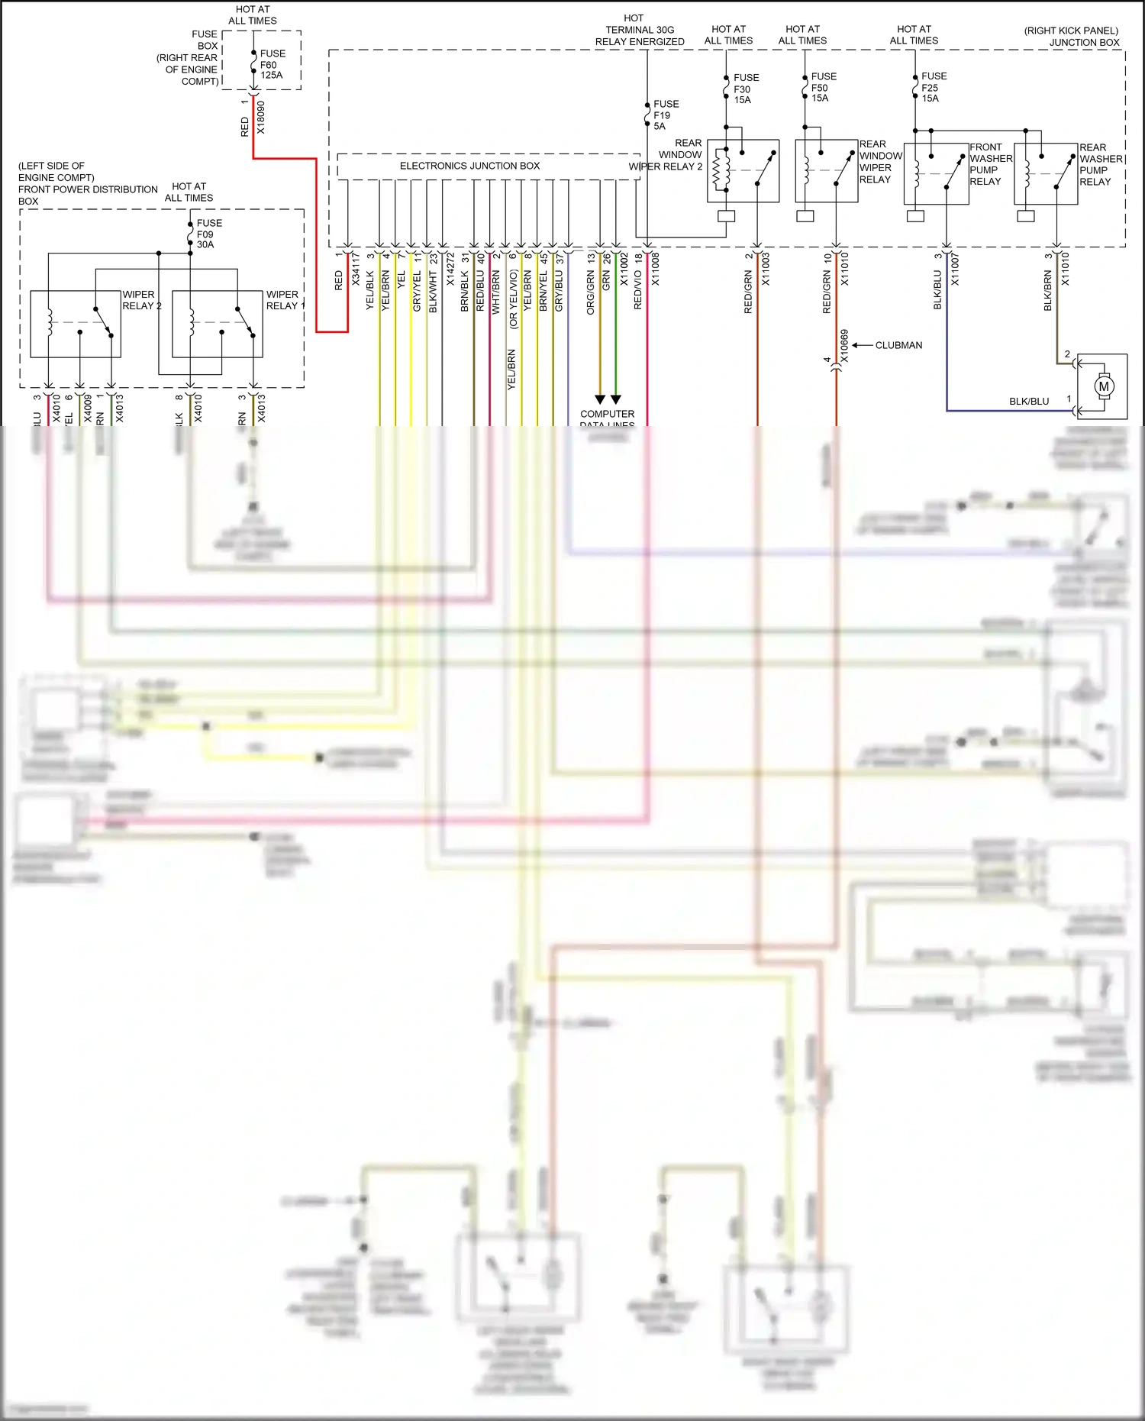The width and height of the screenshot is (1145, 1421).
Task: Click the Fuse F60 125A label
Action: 272,64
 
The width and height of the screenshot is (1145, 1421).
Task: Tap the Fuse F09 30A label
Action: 208,234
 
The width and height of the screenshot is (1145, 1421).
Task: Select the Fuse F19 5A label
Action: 665,115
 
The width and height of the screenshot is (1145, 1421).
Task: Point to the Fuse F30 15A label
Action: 745,89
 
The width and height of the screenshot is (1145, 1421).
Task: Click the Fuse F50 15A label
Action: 823,87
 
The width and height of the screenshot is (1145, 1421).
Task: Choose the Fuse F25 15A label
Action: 933,87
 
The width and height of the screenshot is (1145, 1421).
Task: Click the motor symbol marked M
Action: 1104,386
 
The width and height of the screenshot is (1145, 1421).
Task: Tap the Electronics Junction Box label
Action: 469,166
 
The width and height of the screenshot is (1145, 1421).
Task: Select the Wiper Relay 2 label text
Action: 141,300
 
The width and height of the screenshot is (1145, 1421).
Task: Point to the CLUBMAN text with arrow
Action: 898,345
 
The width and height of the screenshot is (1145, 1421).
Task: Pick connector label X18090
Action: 261,118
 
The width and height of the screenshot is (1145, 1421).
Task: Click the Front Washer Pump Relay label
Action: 990,164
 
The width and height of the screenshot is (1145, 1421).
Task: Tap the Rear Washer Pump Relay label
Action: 1100,164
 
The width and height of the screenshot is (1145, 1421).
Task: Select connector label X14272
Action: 450,270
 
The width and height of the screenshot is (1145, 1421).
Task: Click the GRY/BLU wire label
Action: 559,291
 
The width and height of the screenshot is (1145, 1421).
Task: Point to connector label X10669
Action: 844,346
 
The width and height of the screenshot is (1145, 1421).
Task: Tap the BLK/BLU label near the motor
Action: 1028,401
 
